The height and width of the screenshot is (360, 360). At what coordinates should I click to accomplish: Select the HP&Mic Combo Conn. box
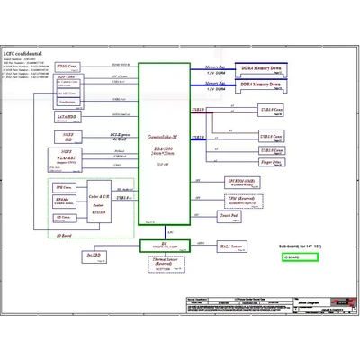[63, 202]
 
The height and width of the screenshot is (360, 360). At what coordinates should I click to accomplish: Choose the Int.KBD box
[92, 256]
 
